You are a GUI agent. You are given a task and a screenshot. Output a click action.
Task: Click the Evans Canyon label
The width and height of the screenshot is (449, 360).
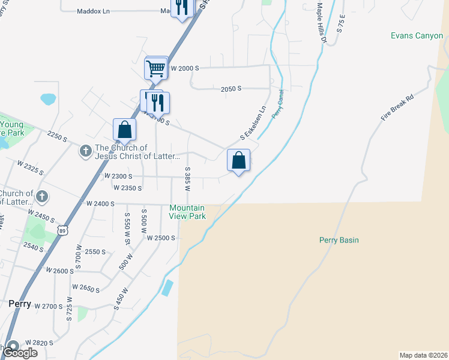(x=417, y=36)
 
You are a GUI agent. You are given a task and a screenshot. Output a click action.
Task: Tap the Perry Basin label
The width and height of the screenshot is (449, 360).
(x=339, y=241)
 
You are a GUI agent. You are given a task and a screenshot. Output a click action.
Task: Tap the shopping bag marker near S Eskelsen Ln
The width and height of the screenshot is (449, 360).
(x=238, y=160)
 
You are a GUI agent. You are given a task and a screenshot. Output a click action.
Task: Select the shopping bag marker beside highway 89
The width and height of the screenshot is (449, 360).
(x=124, y=129)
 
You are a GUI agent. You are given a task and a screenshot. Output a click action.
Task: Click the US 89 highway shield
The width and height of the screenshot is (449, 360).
(x=64, y=230)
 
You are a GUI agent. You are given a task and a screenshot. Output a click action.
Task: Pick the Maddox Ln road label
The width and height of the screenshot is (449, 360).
(x=94, y=11)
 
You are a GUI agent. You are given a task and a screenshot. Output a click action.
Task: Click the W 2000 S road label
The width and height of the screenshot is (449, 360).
(x=185, y=68)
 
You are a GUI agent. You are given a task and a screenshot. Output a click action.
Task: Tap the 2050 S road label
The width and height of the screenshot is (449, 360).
(x=231, y=89)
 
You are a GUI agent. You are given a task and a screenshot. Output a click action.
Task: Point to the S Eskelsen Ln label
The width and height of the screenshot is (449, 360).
(x=253, y=124)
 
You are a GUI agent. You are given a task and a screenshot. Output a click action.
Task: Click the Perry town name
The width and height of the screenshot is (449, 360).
(x=20, y=304)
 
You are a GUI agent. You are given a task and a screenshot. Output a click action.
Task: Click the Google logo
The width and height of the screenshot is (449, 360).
(x=20, y=353)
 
